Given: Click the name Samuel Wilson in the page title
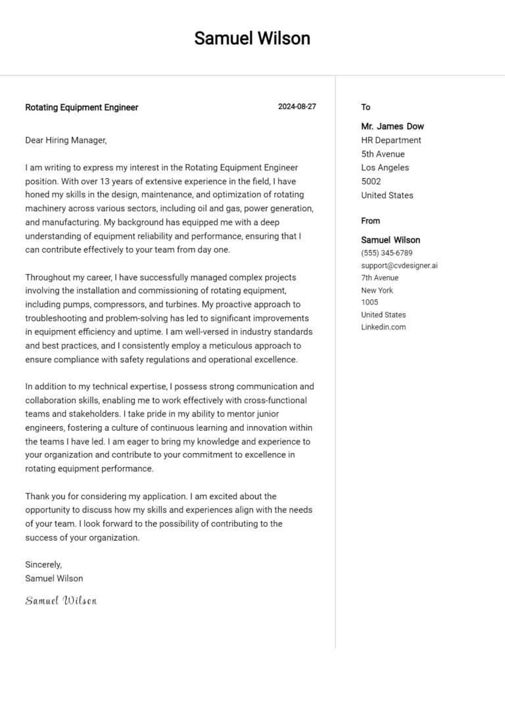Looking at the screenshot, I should [x=252, y=39].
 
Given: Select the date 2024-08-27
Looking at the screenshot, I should [x=297, y=107].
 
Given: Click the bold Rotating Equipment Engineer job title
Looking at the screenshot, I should [x=82, y=107].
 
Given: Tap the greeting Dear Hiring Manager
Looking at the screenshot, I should [x=66, y=140].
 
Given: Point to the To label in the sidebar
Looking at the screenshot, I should [x=366, y=107].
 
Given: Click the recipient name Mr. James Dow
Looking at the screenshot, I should [x=392, y=126].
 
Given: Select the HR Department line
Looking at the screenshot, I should [x=391, y=140].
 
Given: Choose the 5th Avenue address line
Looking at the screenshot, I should [x=383, y=154].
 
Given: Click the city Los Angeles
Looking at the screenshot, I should [x=385, y=168].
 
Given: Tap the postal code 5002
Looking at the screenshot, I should [x=371, y=182].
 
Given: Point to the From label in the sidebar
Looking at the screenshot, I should [x=370, y=221].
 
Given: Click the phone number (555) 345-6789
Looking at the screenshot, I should [x=387, y=253].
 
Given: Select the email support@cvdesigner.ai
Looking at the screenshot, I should [x=399, y=266].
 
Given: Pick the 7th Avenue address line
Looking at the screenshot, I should [x=379, y=278].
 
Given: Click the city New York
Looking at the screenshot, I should [x=377, y=290].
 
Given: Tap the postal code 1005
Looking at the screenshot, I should [x=370, y=303].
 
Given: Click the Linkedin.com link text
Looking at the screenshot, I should [x=383, y=327].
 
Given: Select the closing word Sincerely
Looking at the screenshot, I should [x=43, y=564].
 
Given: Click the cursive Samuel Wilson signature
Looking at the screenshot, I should [x=61, y=600].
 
